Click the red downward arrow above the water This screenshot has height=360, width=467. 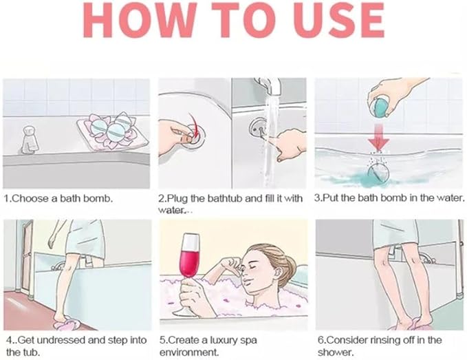click(378, 137)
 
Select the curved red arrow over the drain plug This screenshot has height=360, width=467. click(194, 125)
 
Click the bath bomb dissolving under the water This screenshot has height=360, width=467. click(378, 173)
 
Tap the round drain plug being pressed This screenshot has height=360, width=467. click(194, 136)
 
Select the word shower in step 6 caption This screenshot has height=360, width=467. click(336, 352)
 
